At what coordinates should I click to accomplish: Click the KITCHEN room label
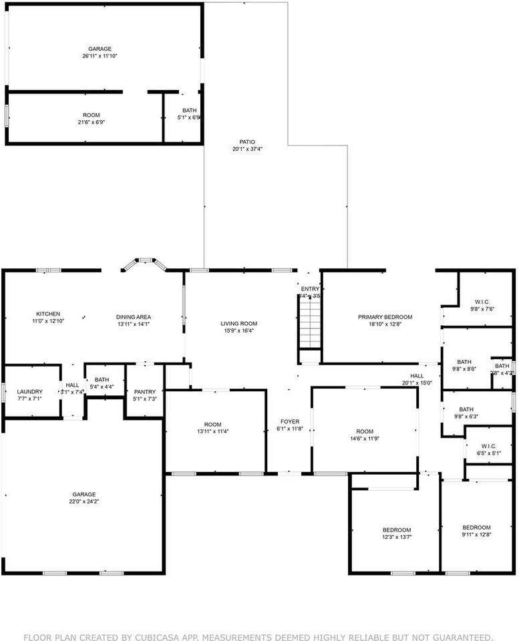(x=48, y=314)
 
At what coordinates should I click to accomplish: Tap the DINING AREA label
(x=134, y=316)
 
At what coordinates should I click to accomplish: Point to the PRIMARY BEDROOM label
(x=385, y=317)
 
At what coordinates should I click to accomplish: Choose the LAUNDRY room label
(x=29, y=391)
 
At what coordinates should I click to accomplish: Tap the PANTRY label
(x=145, y=392)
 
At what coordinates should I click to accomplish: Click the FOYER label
(x=289, y=421)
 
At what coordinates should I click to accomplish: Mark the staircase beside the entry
(x=309, y=323)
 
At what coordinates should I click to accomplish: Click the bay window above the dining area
(x=144, y=262)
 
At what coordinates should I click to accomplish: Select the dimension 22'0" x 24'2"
(x=84, y=501)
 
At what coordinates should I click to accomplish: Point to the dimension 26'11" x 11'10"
(x=100, y=56)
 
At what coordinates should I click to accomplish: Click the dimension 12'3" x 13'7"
(x=397, y=537)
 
